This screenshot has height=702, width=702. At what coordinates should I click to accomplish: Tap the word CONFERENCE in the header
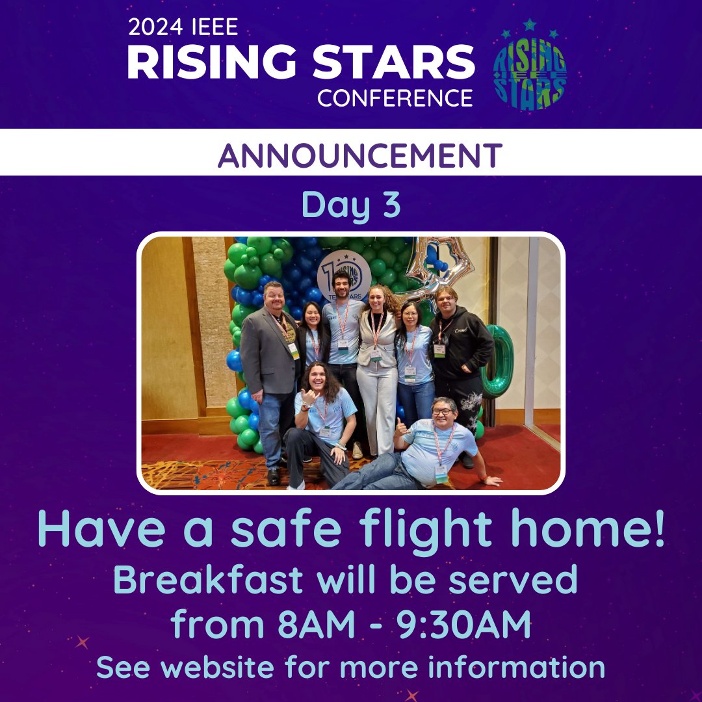click(x=395, y=97)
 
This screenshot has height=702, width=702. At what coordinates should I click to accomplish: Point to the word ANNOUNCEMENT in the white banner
click(x=359, y=155)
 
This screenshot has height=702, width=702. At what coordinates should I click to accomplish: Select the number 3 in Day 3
click(x=388, y=205)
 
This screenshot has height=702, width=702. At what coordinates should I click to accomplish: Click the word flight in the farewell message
click(x=417, y=530)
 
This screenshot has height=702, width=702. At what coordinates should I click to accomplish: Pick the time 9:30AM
click(x=467, y=625)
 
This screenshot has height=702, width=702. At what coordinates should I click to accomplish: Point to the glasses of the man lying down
click(x=442, y=411)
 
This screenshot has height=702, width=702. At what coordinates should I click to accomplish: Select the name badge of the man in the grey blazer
click(x=294, y=350)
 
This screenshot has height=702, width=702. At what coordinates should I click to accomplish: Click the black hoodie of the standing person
click(x=462, y=344)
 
